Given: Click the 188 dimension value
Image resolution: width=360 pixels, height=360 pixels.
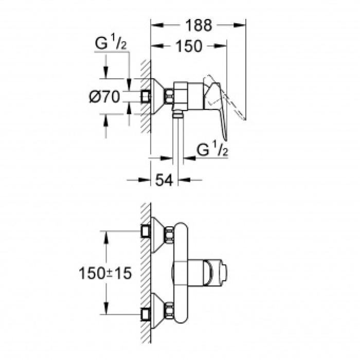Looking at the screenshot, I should point(197,25).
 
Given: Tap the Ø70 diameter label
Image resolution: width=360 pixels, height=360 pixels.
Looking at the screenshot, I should point(104,96).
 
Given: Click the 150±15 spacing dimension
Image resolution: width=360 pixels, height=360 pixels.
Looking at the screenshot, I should point(105,273).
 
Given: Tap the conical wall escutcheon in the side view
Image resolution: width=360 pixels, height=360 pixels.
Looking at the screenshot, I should point(157,96).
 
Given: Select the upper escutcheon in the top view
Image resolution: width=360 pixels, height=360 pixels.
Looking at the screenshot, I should point(157,234).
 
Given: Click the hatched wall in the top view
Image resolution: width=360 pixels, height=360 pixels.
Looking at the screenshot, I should point(145,273).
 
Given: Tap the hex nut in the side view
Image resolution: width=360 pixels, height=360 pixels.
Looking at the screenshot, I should point(169,95).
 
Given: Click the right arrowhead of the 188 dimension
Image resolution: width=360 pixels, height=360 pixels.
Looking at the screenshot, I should point(242,25).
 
